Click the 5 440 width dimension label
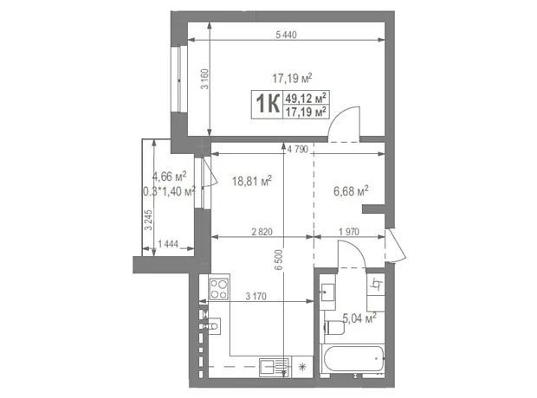(286, 35)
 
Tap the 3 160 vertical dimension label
(204, 79)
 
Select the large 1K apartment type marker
(268, 104)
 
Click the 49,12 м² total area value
(306, 98)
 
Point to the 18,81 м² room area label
(252, 180)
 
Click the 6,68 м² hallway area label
(351, 190)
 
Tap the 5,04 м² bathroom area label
(359, 318)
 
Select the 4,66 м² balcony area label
(169, 177)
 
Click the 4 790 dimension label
(298, 149)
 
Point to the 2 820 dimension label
(262, 232)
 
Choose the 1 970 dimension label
(349, 232)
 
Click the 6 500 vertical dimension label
(279, 260)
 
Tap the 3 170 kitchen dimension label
(256, 297)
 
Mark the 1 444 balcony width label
(168, 244)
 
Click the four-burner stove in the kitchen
(219, 289)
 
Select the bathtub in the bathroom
(353, 359)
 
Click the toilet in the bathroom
(334, 328)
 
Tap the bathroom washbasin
(327, 292)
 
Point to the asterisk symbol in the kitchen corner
(301, 367)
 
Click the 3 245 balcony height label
(148, 220)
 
